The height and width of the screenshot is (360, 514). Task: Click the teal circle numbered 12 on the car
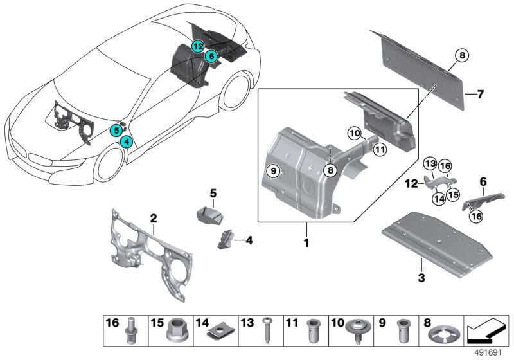pos(197,46)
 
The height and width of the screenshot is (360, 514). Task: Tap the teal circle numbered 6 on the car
pos(209,57)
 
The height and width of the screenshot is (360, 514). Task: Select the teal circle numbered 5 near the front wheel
pos(116,130)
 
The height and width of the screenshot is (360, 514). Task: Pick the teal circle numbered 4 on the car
pos(126,141)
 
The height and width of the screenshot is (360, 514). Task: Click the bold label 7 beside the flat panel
pos(479,94)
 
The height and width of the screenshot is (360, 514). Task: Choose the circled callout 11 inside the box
pos(380,150)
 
